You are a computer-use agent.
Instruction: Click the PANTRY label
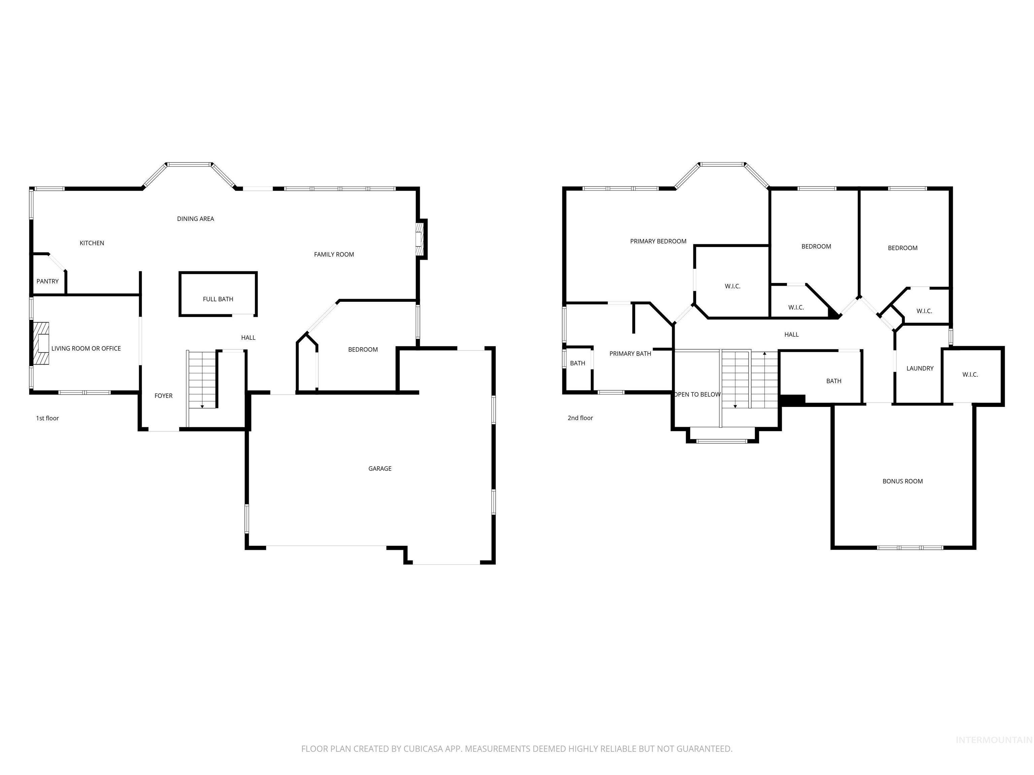coord(48,281)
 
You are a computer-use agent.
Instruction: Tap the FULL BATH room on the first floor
coord(218,299)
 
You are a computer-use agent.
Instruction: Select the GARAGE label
coord(380,469)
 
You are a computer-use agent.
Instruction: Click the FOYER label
coord(164,396)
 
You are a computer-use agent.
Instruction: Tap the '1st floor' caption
coord(47,418)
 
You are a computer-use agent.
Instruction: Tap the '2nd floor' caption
coord(580,418)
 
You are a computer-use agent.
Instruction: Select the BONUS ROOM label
coord(902,481)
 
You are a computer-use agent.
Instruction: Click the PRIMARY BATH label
coord(630,354)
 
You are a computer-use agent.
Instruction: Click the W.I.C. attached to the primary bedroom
coord(732,286)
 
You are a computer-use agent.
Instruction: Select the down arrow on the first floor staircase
coord(202,406)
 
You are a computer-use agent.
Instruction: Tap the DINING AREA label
coord(196,219)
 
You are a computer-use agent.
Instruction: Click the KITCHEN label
coord(92,243)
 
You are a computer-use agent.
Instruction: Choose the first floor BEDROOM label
coord(363,349)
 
